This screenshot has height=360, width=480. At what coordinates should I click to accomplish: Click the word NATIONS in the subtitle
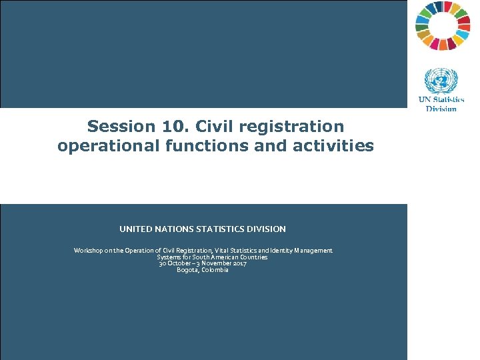[173, 229]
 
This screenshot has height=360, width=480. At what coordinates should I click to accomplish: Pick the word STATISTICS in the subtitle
[223, 229]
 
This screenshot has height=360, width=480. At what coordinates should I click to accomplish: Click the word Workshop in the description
[89, 250]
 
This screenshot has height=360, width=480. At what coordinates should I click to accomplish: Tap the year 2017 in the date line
[239, 263]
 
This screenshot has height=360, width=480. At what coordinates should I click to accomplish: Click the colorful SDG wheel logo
[443, 26]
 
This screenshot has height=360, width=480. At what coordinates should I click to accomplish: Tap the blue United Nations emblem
[441, 82]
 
